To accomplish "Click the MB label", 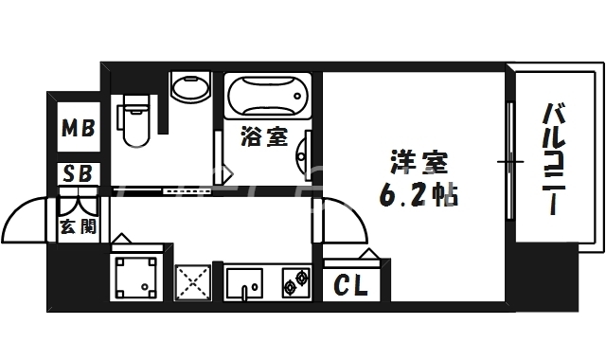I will (x=78, y=128).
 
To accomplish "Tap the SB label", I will (x=78, y=173).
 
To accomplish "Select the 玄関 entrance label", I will (x=77, y=226).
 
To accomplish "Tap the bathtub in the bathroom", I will (x=269, y=98).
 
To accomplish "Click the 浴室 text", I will (x=264, y=138).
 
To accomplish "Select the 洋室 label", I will (x=415, y=161).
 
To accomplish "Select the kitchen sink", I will (x=248, y=282).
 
